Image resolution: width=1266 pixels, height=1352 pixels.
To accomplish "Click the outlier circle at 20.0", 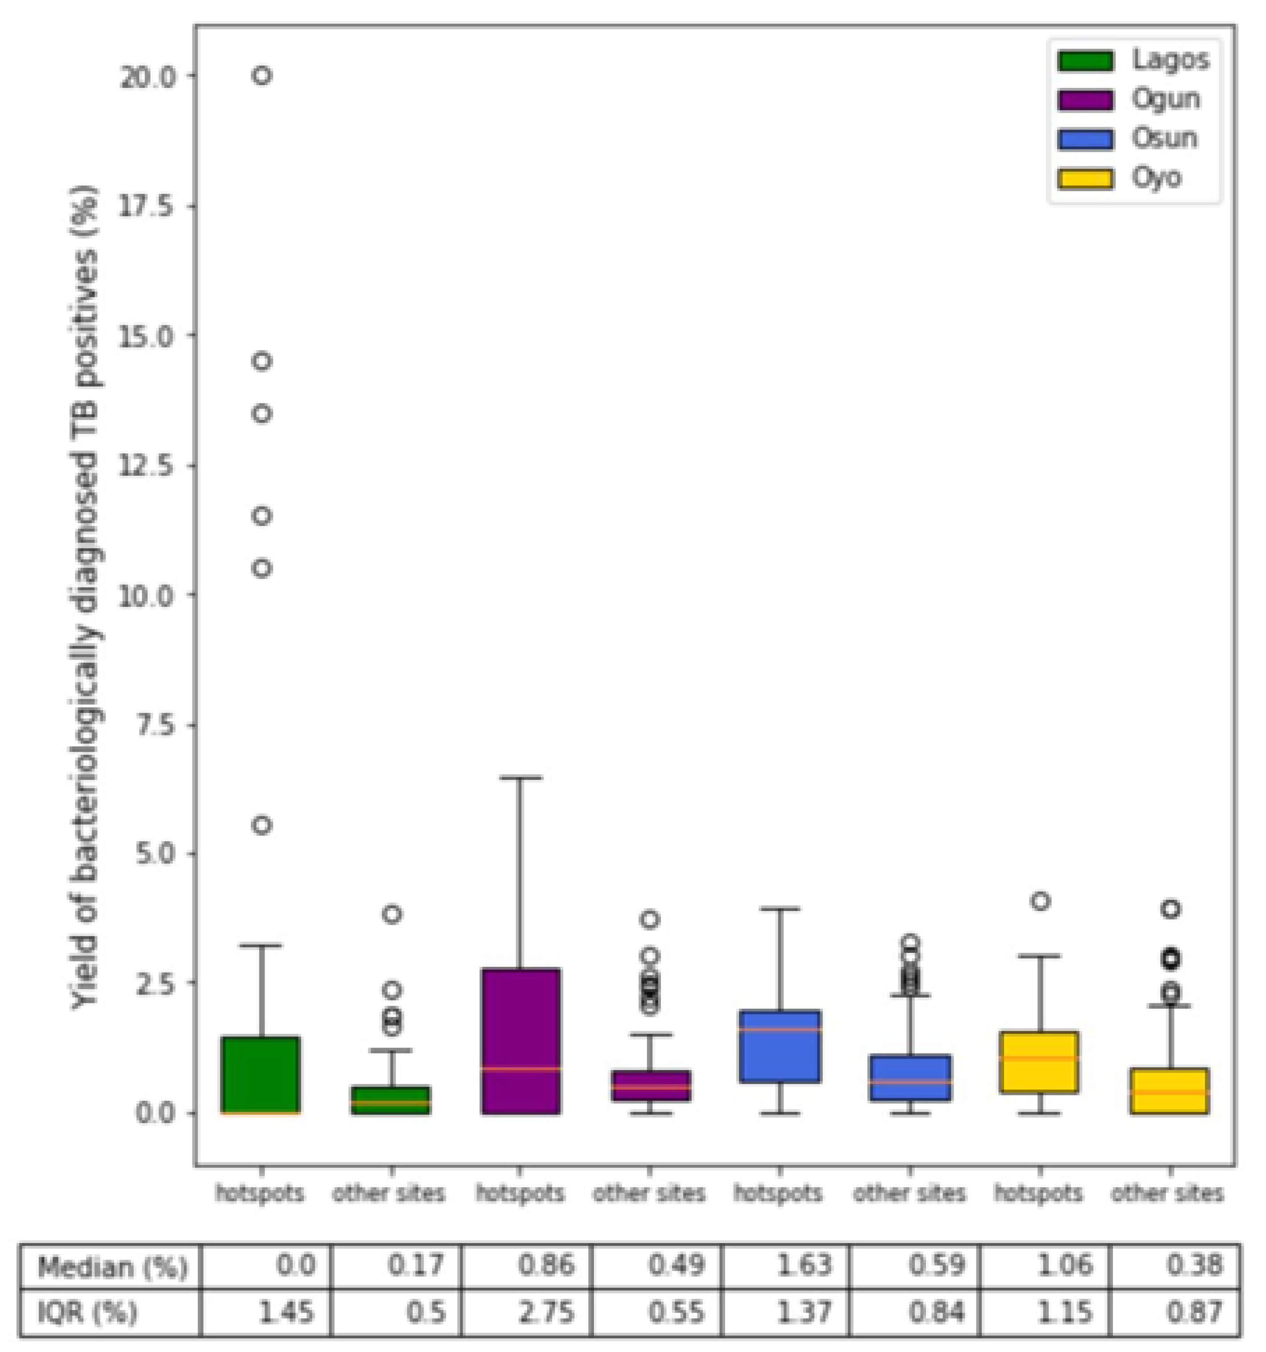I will tap(262, 75).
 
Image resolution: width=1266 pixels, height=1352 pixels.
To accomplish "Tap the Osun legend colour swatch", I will tap(1085, 139).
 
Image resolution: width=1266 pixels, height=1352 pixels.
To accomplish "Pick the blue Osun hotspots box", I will tap(780, 1047).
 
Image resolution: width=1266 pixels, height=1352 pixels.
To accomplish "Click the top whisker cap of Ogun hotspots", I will tap(520, 778).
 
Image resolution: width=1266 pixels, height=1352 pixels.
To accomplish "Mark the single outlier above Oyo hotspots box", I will tap(1040, 902).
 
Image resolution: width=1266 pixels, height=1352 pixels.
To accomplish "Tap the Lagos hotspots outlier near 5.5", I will tap(262, 826).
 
